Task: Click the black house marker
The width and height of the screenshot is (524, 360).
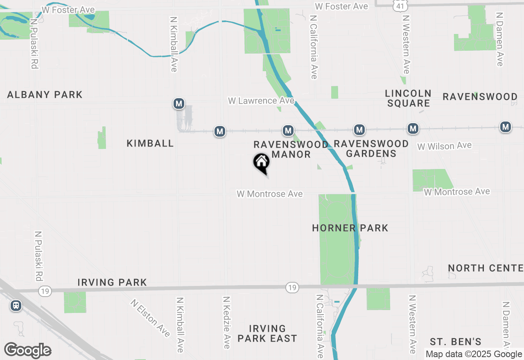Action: [261, 163]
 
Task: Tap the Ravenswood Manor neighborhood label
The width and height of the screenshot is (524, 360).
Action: [291, 149]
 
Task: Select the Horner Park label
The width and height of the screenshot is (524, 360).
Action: [350, 228]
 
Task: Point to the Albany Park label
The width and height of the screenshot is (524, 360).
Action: [45, 95]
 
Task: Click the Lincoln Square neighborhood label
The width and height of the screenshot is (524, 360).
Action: [408, 98]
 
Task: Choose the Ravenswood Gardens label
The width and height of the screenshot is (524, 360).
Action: [371, 148]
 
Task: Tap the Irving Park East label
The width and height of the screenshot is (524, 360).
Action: [267, 333]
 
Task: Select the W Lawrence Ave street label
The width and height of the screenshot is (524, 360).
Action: [261, 101]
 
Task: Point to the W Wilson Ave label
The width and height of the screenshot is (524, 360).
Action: [444, 146]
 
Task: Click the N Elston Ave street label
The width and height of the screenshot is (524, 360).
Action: [150, 318]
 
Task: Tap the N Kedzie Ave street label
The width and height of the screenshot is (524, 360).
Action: [226, 322]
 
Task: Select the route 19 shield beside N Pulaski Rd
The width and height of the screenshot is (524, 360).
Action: [45, 291]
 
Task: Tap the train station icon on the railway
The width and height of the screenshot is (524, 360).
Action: [16, 305]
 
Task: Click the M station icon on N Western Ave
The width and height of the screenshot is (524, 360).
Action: [413, 129]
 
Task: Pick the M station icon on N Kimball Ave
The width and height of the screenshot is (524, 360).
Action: [178, 103]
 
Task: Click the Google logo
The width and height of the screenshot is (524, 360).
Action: [27, 350]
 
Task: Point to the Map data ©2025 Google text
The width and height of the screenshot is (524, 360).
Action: [474, 354]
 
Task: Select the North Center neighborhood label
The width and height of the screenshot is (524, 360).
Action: [485, 268]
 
